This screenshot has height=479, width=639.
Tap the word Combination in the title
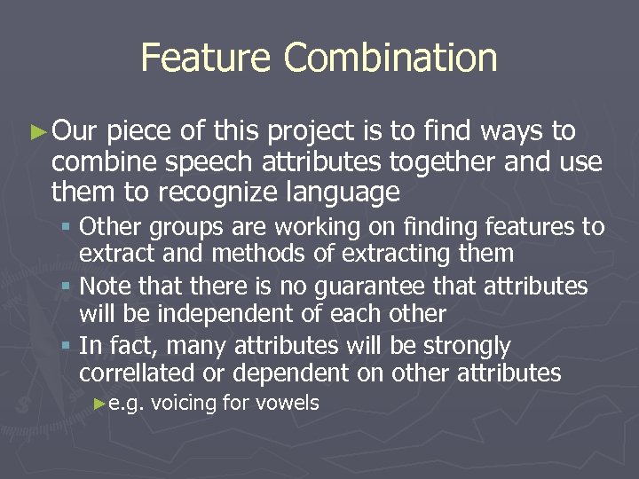(390, 59)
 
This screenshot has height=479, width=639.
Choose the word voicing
(184, 404)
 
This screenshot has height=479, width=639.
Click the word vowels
(287, 404)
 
